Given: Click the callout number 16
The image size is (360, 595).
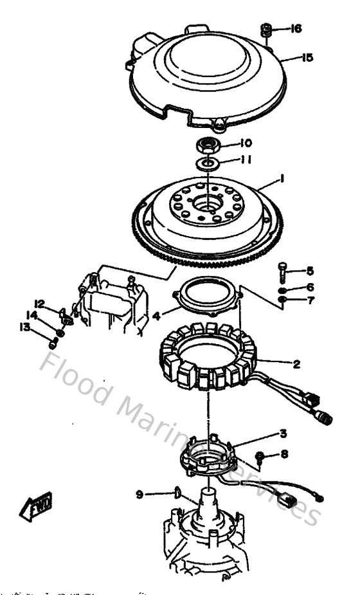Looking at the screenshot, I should point(296,29).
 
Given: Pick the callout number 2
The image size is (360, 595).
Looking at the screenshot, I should point(296,364).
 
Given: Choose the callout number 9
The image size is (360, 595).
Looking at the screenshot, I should point(139,494).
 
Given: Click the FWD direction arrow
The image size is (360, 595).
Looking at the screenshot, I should point(36,506).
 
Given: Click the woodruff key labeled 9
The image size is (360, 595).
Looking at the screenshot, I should point(175,493).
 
